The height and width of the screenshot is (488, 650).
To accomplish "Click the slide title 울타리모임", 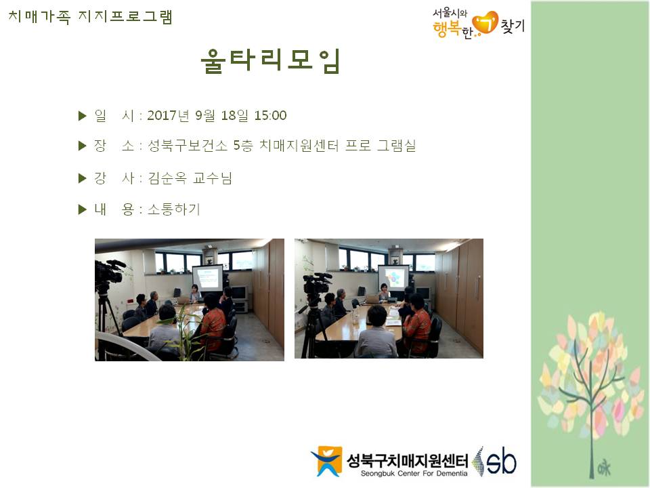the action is tap(270, 61).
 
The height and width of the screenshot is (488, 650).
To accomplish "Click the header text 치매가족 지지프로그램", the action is tap(90, 17).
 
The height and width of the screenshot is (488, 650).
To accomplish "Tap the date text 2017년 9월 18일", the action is tap(198, 115).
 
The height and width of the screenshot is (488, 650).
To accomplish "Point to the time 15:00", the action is tap(270, 115).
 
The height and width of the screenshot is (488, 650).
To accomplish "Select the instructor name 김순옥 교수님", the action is tap(190, 178).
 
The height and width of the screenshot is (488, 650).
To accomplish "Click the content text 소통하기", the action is tap(174, 209).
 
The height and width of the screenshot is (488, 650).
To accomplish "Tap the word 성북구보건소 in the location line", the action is tap(188, 146).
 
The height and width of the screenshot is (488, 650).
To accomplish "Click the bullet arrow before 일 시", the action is tap(82, 116).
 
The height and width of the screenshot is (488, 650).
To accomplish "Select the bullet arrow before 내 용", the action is tap(82, 209).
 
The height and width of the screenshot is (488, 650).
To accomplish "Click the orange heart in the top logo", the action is tap(485, 23).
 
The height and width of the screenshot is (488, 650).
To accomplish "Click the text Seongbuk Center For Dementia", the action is tap(414, 474).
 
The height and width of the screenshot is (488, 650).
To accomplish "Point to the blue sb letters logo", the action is tap(501, 461).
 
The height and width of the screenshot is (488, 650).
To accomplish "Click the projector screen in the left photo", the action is tap(207, 279).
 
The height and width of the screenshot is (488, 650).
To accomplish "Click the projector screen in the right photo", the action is tap(393, 277).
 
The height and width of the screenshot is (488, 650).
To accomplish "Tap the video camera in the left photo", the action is tap(108, 272).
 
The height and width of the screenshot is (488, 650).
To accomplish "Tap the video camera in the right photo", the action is tap(317, 284).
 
